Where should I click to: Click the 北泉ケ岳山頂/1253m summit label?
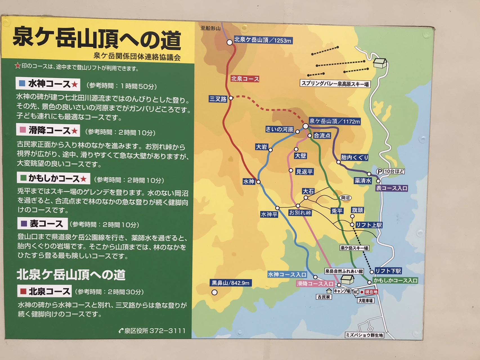point(263,40)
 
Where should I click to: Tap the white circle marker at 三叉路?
point(231,98)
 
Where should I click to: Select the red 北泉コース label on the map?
point(245,79)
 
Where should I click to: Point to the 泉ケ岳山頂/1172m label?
point(335,121)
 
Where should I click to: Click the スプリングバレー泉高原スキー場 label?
point(335,84)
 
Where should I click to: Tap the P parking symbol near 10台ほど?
point(380,171)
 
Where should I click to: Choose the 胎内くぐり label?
point(355,157)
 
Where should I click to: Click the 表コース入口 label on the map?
point(392,188)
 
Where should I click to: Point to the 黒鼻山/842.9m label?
point(231,283)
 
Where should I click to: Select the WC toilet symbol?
point(356,292)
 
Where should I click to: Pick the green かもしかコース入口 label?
point(395,280)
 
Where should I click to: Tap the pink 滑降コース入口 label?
point(315,284)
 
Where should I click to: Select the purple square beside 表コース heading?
point(24,224)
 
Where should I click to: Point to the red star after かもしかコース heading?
point(84,179)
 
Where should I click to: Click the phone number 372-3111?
point(167,331)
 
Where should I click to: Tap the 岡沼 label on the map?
point(345,198)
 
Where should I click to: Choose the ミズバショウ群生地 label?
point(364,335)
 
